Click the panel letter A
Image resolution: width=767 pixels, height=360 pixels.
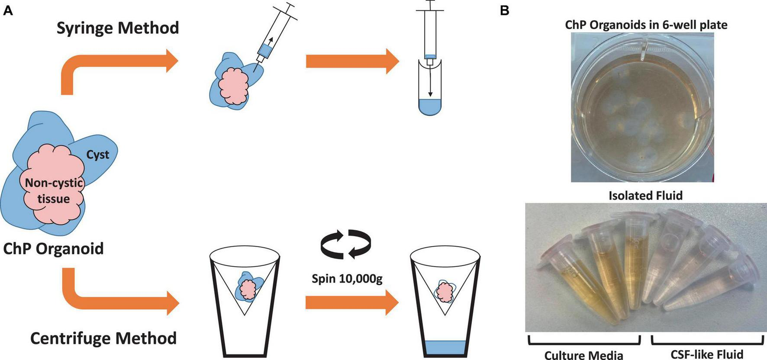point(8,11)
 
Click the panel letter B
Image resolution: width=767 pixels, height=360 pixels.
point(505,11)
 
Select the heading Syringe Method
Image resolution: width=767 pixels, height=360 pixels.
point(118,28)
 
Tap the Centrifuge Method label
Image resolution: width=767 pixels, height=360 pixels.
point(103,338)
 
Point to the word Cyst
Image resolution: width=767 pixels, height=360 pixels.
point(97,154)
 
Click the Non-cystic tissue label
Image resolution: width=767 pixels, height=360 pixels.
point(54,190)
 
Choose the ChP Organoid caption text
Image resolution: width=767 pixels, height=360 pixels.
point(54,249)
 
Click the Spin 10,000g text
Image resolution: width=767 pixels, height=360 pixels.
point(347,278)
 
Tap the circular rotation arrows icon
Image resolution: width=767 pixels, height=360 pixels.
point(345,244)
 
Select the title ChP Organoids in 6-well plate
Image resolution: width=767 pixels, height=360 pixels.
point(646,25)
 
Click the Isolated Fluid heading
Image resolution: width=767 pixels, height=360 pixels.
point(645,196)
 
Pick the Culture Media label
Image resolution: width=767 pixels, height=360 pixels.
point(583,355)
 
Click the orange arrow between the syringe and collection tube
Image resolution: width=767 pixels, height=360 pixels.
point(352,61)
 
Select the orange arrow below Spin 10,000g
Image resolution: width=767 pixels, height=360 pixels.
point(351,303)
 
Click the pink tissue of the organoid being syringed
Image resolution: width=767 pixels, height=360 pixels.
point(234,86)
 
